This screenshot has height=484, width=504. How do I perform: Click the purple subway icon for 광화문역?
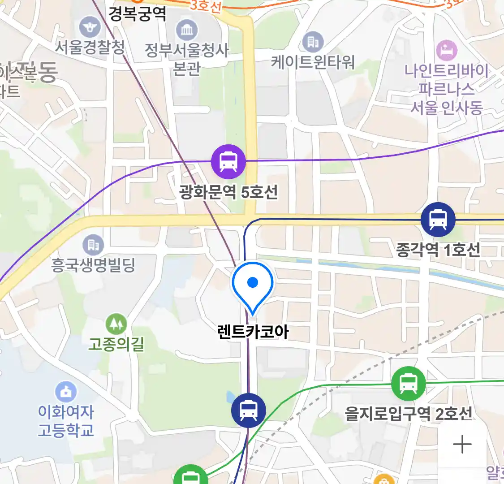[228, 161]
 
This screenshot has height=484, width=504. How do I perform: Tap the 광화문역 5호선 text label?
[228, 192]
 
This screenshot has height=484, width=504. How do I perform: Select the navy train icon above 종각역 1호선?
[438, 220]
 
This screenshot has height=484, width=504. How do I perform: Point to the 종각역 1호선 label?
[438, 250]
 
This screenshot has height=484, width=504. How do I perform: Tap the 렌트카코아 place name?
[253, 332]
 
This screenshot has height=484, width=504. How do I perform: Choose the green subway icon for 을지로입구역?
[408, 384]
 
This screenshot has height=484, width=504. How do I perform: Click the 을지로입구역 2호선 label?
[408, 413]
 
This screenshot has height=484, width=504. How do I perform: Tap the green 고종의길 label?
[116, 344]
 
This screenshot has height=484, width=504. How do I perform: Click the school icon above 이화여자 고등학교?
[66, 392]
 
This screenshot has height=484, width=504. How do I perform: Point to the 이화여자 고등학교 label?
[66, 421]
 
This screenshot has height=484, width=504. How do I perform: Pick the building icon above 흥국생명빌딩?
[93, 245]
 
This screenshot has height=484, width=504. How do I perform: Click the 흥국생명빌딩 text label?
[93, 265]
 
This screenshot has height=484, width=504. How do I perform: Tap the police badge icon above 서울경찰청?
[90, 27]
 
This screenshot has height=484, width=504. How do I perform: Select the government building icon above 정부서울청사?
[186, 30]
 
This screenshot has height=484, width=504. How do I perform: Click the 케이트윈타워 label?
[313, 61]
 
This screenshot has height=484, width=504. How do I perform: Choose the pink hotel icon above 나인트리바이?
[446, 50]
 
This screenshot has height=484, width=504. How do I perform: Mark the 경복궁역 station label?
[137, 14]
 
